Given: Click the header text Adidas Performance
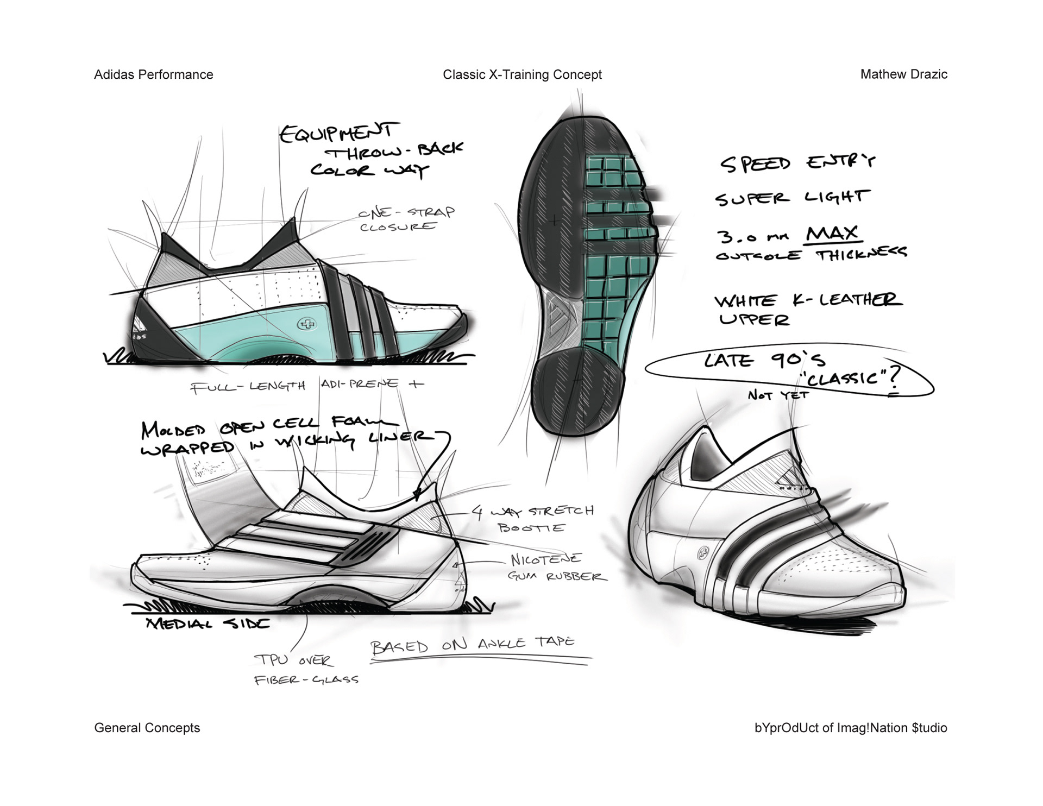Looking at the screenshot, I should click(153, 75).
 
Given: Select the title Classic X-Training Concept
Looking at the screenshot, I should click(522, 75).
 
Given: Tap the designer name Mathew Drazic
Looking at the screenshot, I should click(903, 74).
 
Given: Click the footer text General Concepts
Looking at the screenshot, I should click(147, 728).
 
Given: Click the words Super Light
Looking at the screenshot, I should click(792, 198).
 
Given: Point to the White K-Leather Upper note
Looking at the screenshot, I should click(807, 309).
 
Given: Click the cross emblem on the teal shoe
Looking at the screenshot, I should click(307, 325).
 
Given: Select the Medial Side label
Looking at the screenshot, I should click(208, 624).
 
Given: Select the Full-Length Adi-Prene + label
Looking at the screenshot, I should click(306, 386).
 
